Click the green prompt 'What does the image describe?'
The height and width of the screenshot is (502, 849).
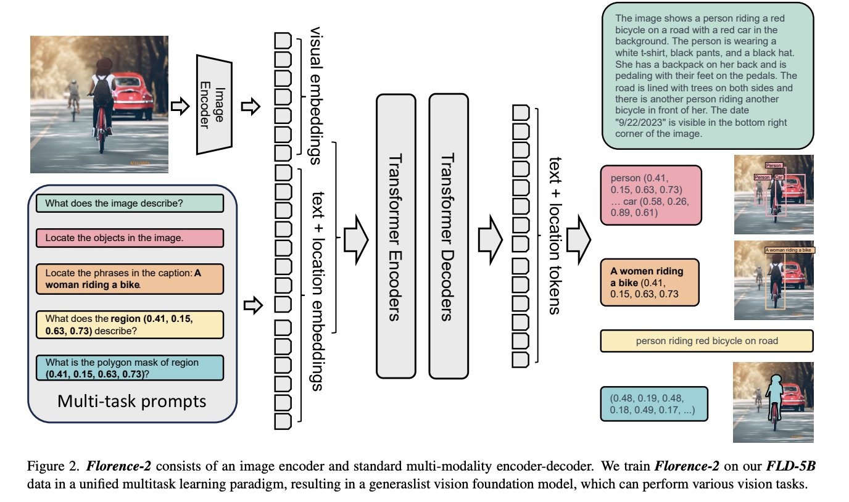tap(130, 203)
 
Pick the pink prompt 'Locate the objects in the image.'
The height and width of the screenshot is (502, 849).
tap(130, 237)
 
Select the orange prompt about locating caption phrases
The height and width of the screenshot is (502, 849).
tap(130, 279)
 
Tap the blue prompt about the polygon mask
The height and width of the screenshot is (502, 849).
tap(130, 368)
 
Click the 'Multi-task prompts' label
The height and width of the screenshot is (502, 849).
tap(131, 401)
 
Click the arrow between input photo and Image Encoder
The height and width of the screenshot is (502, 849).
tap(179, 106)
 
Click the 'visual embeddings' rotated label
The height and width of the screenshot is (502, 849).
tap(314, 96)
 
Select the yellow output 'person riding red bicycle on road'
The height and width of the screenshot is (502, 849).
tap(706, 340)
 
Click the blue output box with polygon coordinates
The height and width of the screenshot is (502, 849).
tap(654, 404)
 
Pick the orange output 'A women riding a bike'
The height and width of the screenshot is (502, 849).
tap(650, 282)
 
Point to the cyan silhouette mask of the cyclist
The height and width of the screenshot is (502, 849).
tap(773, 390)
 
